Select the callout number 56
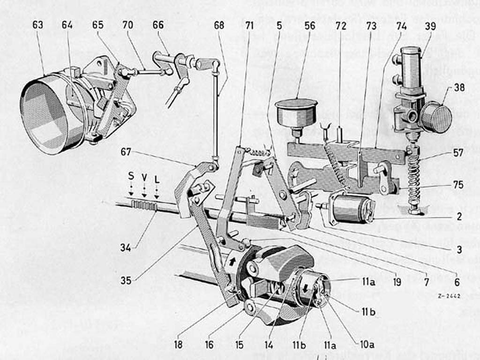tap(310, 26)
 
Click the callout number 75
tap(458, 185)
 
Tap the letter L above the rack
tap(157, 179)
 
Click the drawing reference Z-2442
tap(449, 296)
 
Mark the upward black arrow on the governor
tap(232, 259)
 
